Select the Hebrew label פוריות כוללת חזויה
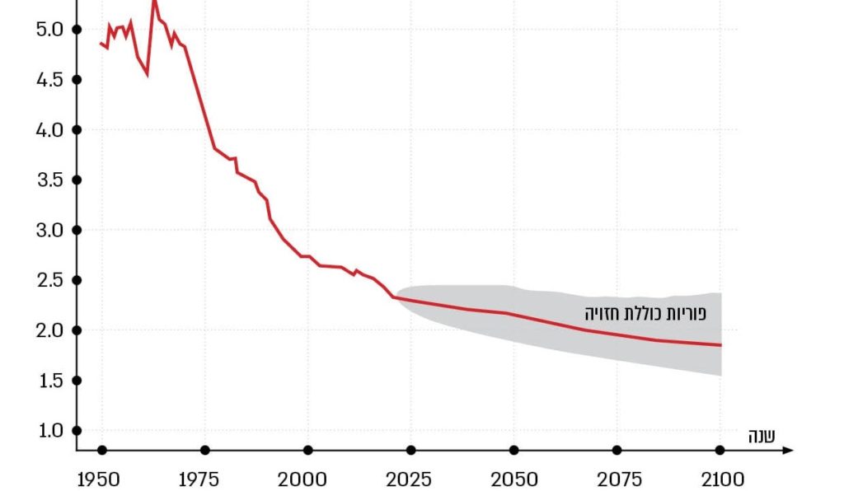coord(645,314)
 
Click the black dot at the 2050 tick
coord(514,450)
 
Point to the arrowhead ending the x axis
coord(789,450)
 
